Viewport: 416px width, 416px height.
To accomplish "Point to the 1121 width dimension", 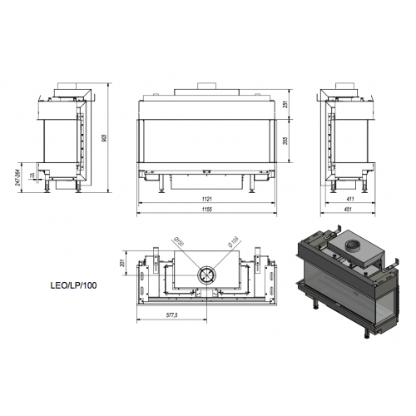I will tap(206, 199).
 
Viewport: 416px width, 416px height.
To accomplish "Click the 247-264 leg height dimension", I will tap(18, 178).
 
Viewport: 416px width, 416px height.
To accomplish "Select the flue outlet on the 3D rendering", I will tap(352, 245).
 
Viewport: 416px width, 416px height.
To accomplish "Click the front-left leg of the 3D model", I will tap(314, 310).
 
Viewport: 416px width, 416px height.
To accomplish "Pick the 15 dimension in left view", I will tap(32, 176).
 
